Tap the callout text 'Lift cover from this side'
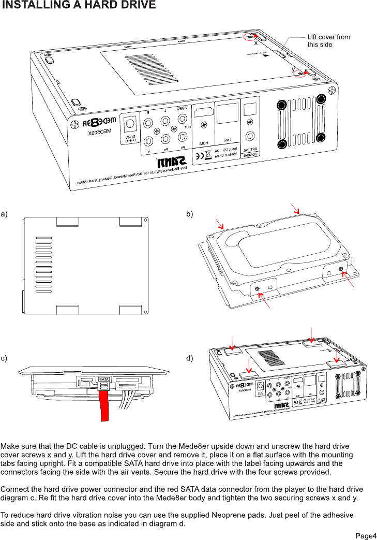click(x=328, y=40)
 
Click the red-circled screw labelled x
click(x=250, y=37)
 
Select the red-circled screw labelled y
click(x=299, y=74)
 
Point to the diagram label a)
click(x=4, y=213)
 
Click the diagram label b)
click(x=190, y=213)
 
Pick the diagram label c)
click(x=4, y=358)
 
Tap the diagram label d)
click(x=190, y=358)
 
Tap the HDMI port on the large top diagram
click(x=203, y=115)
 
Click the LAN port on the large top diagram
click(x=227, y=113)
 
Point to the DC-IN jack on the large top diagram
click(x=128, y=124)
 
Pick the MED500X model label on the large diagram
click(x=95, y=133)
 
